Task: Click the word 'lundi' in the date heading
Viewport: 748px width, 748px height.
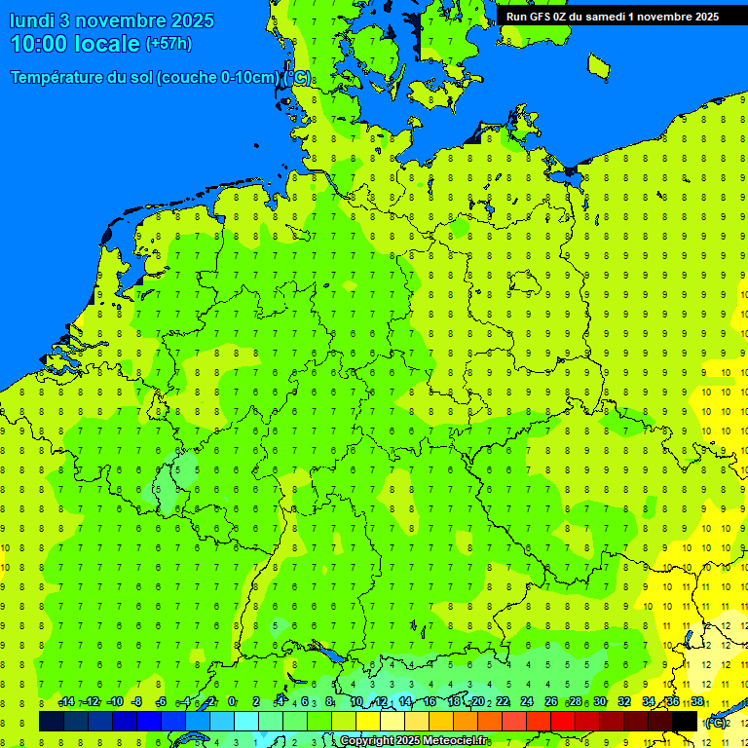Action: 33,20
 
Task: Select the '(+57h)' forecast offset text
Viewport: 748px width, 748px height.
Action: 168,44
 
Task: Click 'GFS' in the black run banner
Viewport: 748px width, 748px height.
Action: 544,17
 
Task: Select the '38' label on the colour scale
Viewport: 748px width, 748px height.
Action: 697,702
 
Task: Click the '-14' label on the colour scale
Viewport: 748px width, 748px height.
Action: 66,702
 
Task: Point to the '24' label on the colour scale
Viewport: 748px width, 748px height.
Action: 527,702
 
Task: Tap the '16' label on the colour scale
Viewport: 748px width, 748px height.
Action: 430,702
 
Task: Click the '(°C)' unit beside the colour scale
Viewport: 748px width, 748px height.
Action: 715,723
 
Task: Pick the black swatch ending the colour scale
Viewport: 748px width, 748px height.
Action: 686,721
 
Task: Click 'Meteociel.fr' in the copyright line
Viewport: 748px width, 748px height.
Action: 454,741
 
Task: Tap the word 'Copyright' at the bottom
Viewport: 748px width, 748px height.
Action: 367,741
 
